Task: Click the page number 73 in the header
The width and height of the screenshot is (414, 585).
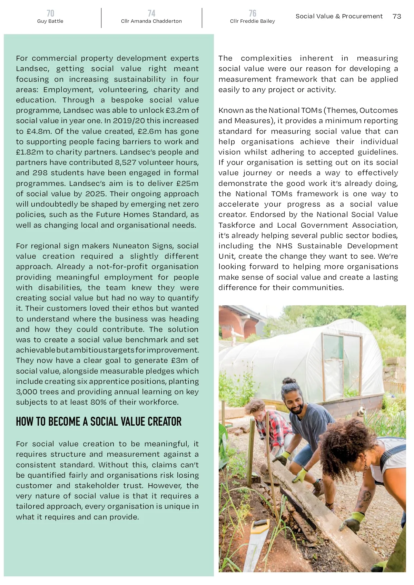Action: click(397, 16)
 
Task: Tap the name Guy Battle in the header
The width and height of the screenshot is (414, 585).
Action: click(50, 21)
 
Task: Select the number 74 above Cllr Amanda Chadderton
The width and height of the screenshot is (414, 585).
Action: click(151, 13)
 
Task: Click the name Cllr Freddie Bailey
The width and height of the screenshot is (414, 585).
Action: click(253, 21)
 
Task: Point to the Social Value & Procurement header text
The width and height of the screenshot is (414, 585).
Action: click(339, 16)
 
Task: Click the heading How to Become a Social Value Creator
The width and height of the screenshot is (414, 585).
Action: click(99, 422)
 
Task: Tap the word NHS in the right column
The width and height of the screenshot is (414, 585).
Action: click(284, 246)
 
